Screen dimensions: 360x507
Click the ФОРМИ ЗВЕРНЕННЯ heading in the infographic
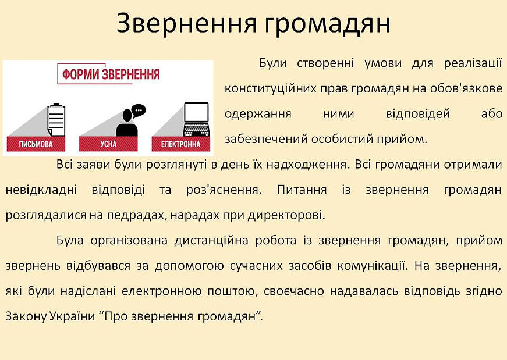click(x=108, y=76)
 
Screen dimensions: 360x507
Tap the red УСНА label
click(x=108, y=144)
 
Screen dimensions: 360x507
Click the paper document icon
click(x=54, y=120)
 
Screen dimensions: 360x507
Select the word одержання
click(x=258, y=114)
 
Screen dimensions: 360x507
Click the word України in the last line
click(x=74, y=317)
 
